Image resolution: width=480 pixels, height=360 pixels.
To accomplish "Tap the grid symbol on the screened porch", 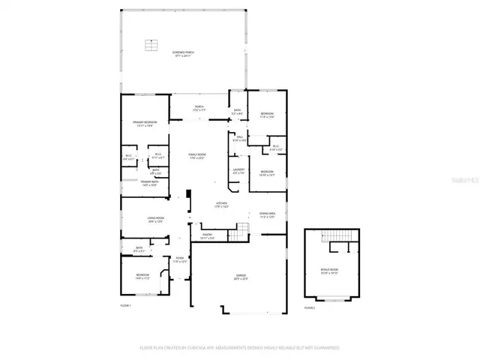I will [151, 46].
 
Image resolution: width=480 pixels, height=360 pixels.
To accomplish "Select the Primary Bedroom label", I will [145, 124].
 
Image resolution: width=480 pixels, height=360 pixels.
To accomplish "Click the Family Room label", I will [196, 156].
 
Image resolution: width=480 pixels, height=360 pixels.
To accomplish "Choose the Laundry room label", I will [238, 171].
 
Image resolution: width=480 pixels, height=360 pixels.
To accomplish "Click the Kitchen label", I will [222, 205].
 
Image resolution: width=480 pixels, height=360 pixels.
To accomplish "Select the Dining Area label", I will [268, 214].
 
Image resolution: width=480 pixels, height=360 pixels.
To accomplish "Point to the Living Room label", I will [155, 219].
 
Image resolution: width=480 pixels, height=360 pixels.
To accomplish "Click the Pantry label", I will [208, 236].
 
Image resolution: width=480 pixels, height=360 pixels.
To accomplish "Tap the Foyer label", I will [180, 260].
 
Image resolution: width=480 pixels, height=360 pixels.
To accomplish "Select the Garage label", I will [238, 277].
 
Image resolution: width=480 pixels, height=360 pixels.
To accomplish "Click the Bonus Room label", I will [329, 273].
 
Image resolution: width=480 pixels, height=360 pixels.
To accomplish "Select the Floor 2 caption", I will [310, 307].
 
